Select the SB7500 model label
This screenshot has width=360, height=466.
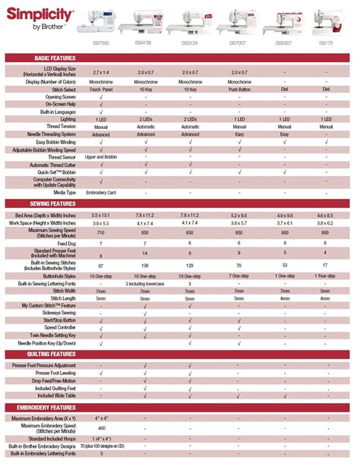click(x=101, y=43)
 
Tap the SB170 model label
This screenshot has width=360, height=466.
click(x=325, y=43)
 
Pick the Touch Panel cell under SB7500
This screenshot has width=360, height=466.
click(x=101, y=90)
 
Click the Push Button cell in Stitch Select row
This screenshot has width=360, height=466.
click(x=235, y=90)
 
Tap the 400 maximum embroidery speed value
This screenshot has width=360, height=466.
click(x=101, y=429)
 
